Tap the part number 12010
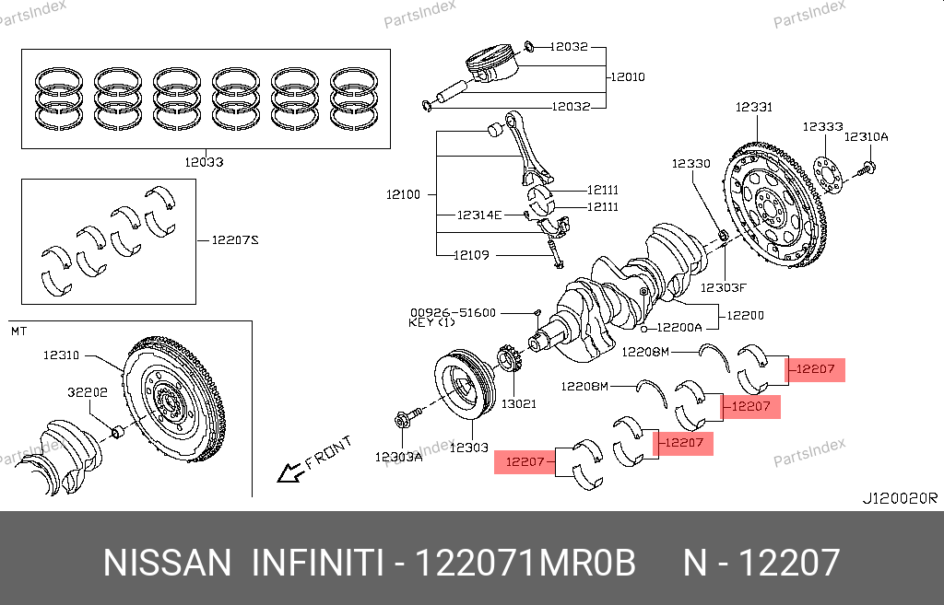pyautogui.click(x=627, y=76)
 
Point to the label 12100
pyautogui.click(x=403, y=194)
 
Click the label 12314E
pyautogui.click(x=479, y=215)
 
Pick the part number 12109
pyautogui.click(x=471, y=255)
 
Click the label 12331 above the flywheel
pyautogui.click(x=753, y=108)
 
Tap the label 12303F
pyautogui.click(x=722, y=287)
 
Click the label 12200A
pyautogui.click(x=679, y=327)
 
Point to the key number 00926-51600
pyautogui.click(x=453, y=313)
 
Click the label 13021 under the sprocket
pyautogui.click(x=518, y=403)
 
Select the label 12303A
pyautogui.click(x=398, y=456)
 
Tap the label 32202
pyautogui.click(x=88, y=392)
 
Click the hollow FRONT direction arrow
pyautogui.click(x=291, y=473)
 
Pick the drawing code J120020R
pyautogui.click(x=899, y=498)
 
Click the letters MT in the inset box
pyautogui.click(x=18, y=330)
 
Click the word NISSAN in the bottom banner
pyautogui.click(x=167, y=562)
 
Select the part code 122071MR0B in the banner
pyautogui.click(x=526, y=562)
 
